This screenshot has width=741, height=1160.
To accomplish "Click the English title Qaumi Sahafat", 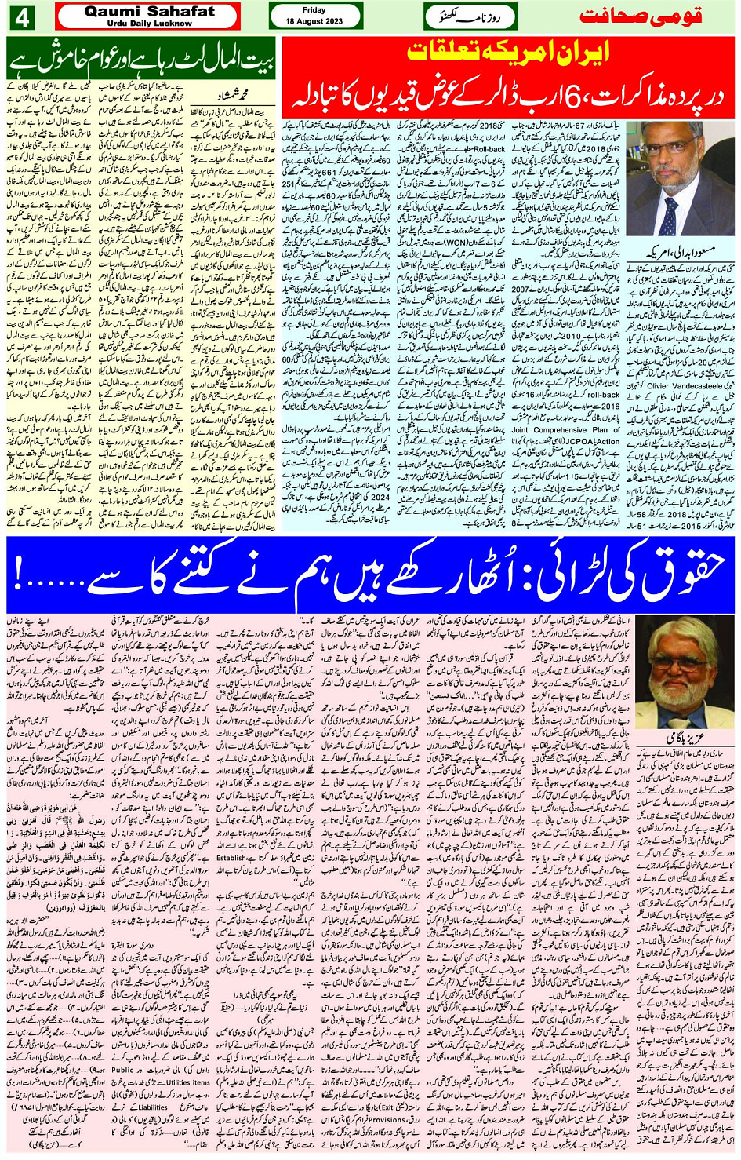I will tap(148, 12).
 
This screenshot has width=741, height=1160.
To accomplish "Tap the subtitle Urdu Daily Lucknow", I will tap(148, 24).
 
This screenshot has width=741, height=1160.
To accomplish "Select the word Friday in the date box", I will tap(314, 10).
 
